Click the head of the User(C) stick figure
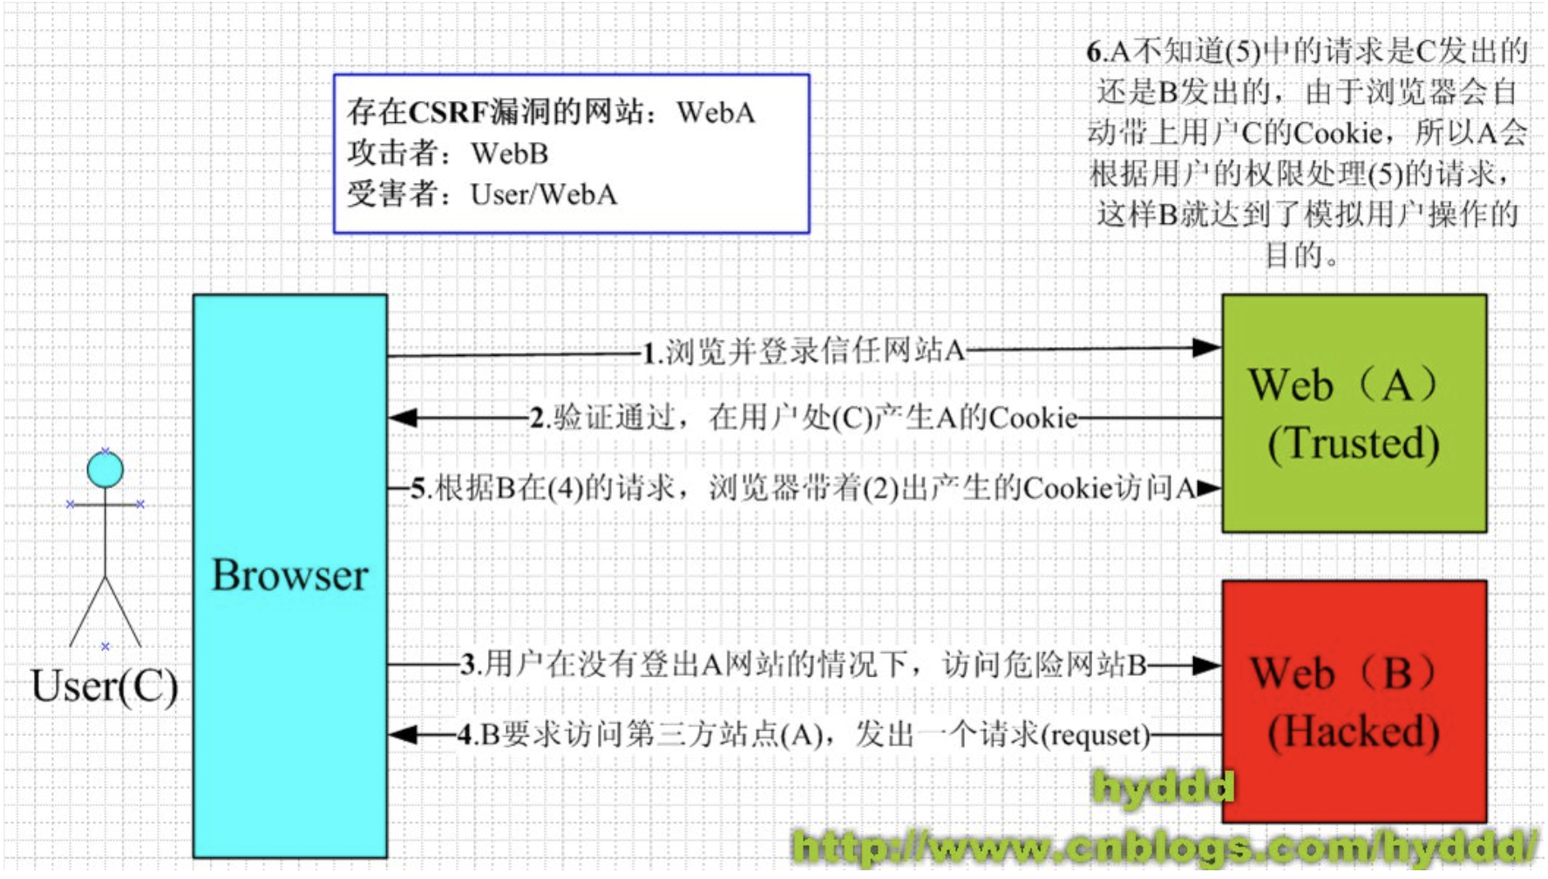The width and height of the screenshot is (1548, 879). click(105, 470)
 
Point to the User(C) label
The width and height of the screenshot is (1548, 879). click(104, 686)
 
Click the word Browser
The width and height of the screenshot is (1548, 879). click(289, 576)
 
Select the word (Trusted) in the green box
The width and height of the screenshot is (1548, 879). click(1353, 443)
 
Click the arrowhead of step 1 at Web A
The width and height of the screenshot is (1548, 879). click(1207, 348)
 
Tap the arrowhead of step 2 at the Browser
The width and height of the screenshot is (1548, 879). click(403, 418)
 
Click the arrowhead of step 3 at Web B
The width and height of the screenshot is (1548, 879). click(1207, 665)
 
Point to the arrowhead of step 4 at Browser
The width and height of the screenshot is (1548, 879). click(403, 734)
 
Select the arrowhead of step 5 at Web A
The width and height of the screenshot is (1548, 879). click(1209, 488)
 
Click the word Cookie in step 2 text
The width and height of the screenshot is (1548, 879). click(1034, 419)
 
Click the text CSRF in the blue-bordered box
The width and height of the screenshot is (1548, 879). click(452, 112)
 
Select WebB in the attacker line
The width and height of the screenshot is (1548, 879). click(510, 153)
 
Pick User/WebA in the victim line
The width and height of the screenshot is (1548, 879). click(544, 194)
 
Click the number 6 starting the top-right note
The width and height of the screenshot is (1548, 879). click(1094, 52)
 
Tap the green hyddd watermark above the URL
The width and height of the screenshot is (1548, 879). click(1164, 787)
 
